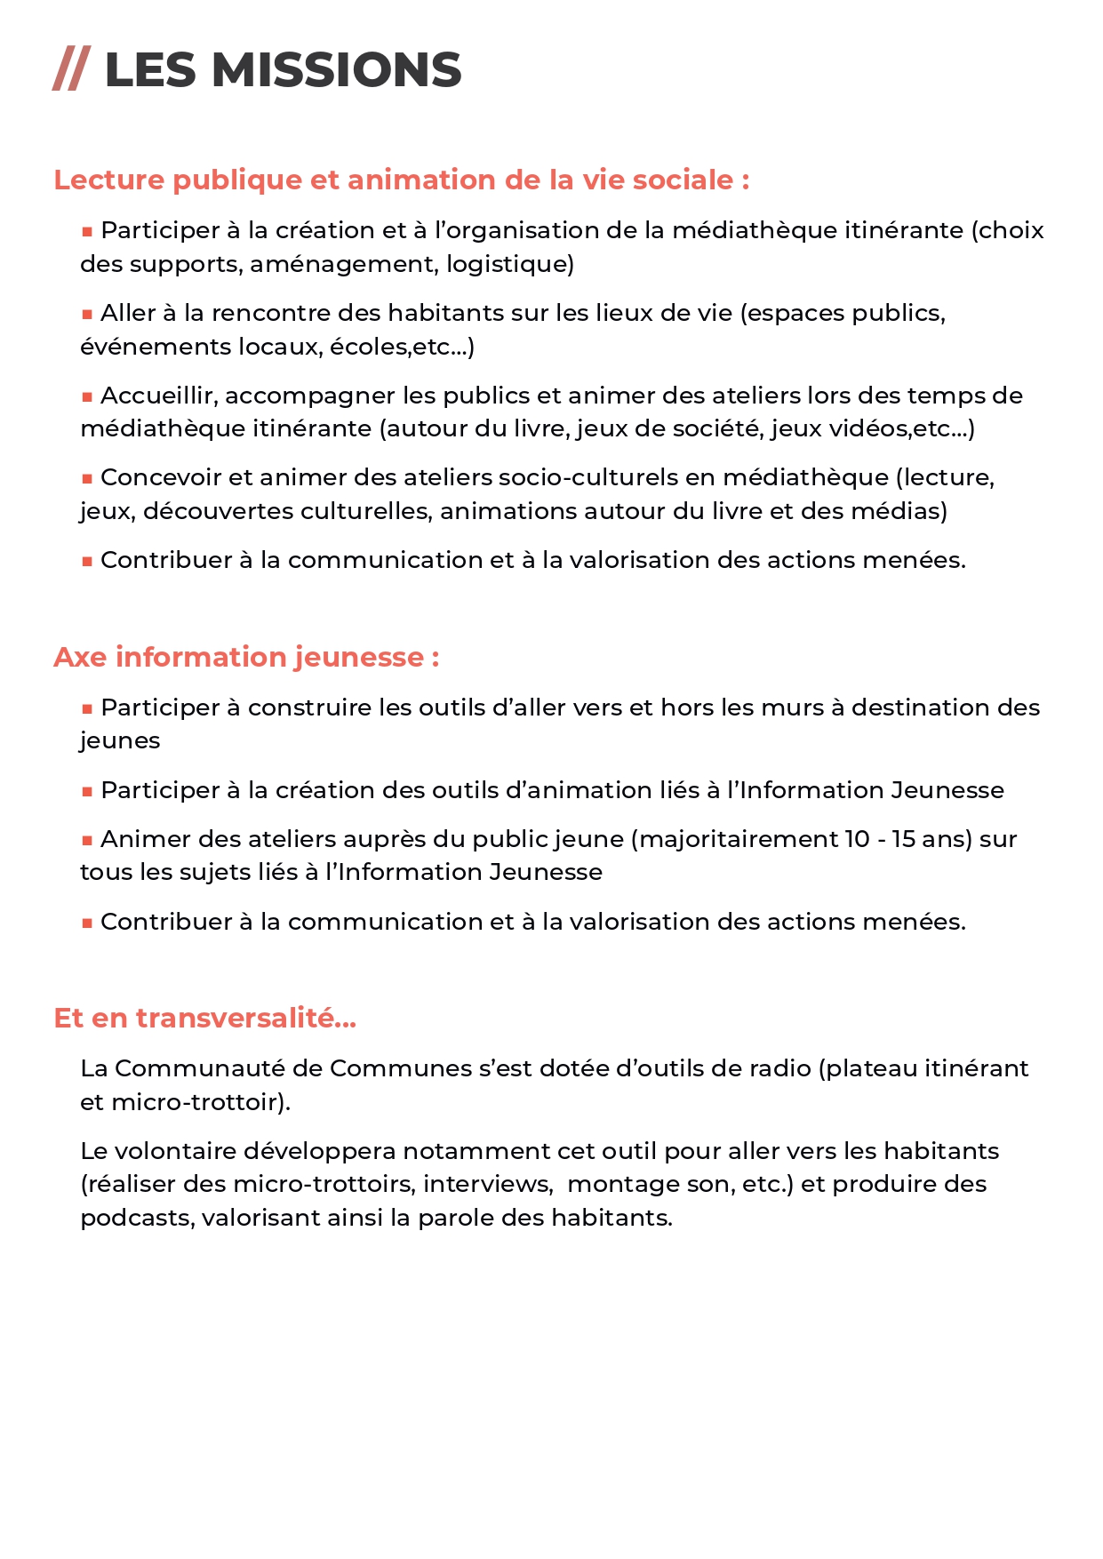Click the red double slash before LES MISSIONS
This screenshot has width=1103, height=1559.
71,70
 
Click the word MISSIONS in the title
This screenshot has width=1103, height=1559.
337,70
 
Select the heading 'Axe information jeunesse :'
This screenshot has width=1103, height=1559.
246,657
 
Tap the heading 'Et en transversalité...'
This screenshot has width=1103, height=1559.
204,1018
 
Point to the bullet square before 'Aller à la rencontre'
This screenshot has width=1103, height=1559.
87,315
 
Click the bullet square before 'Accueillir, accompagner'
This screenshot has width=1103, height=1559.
87,397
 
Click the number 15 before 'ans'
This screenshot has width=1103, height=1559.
903,839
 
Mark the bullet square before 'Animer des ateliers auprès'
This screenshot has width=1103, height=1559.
87,841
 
